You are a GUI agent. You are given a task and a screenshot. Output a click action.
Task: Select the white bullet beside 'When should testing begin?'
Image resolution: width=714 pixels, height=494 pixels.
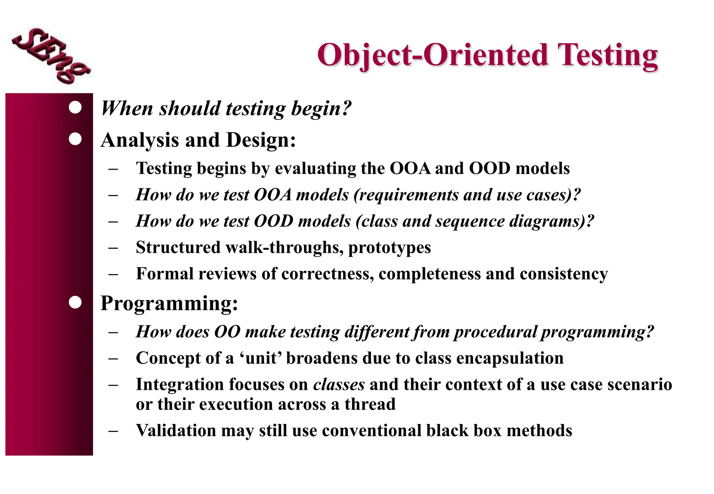[x=75, y=107]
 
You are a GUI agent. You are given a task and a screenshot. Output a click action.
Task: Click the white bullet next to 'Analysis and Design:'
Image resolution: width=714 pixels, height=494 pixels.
[x=75, y=139]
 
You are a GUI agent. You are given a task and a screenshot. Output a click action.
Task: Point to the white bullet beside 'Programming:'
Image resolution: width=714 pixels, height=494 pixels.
[x=75, y=302]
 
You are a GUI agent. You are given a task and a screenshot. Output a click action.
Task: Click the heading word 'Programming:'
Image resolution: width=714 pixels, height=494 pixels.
[x=169, y=303]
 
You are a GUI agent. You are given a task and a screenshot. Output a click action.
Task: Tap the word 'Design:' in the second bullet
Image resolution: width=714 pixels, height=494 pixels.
[x=261, y=140]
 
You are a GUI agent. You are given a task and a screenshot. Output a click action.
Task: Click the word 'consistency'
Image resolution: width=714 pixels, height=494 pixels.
[x=564, y=274]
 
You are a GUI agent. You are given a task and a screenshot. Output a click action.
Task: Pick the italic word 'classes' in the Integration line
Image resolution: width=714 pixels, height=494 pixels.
[x=339, y=385]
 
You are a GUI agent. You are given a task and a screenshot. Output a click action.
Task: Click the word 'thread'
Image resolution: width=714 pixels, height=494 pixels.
[x=370, y=404]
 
